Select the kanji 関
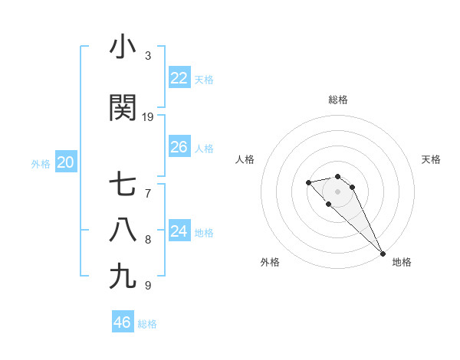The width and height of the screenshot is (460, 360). (123, 108)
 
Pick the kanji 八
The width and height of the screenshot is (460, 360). (123, 230)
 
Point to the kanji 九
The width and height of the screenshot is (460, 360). (123, 276)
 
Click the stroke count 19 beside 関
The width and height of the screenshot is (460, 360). (148, 116)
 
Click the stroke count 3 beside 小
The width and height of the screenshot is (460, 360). (148, 56)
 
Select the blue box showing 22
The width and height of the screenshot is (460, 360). (179, 78)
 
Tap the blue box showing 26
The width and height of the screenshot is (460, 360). (179, 147)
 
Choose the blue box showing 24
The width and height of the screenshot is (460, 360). (179, 231)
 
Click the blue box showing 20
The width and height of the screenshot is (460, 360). (66, 162)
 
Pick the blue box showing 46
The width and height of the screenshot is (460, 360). (123, 322)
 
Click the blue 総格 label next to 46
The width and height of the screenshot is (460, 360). (147, 324)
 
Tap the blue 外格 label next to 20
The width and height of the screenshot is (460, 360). (41, 163)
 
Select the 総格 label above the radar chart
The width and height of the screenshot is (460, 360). (338, 100)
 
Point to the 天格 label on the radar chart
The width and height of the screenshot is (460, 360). (431, 159)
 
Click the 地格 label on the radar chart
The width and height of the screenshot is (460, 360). (402, 262)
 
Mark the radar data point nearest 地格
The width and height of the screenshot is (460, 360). (383, 254)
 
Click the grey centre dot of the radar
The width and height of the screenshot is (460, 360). (338, 191)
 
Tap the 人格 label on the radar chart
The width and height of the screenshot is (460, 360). (245, 159)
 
